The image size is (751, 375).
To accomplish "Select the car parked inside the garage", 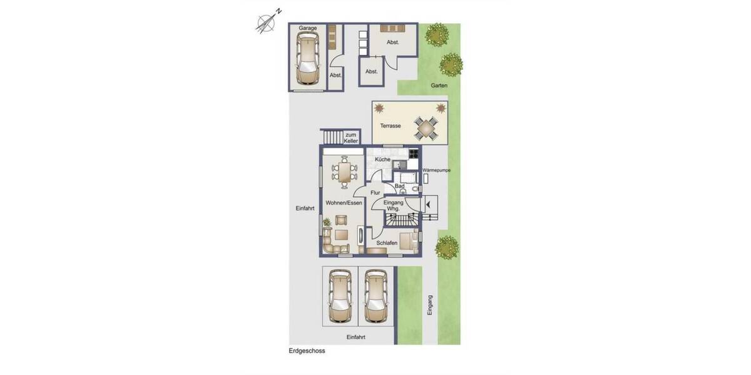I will (x=307, y=59).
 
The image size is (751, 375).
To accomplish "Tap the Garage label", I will (x=307, y=29).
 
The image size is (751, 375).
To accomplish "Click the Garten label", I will (x=439, y=86).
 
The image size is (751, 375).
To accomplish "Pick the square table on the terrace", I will (x=427, y=129).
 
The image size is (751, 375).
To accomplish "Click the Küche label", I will (x=382, y=160).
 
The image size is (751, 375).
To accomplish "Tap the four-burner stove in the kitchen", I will (x=413, y=153).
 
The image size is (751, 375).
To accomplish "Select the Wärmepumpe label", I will (x=436, y=170).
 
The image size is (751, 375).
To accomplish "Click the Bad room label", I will (x=401, y=186).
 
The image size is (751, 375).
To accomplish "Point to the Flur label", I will (x=375, y=193).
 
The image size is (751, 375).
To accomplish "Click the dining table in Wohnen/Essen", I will (x=344, y=172).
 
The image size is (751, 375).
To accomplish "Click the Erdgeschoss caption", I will (x=307, y=351).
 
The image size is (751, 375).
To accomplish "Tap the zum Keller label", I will (x=350, y=137).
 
